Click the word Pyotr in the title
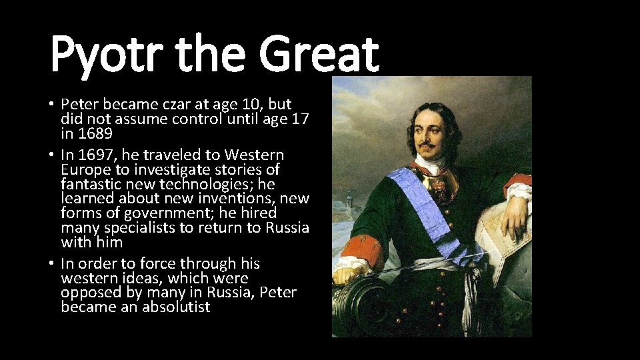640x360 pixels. (100, 55)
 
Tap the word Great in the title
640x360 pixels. (319, 55)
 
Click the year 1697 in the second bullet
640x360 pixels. (95, 155)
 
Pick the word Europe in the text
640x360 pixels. (83, 170)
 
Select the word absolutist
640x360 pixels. (176, 307)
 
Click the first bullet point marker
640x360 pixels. (51, 105)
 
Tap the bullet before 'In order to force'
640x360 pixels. (51, 264)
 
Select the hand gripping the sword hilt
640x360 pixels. (351, 275)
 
